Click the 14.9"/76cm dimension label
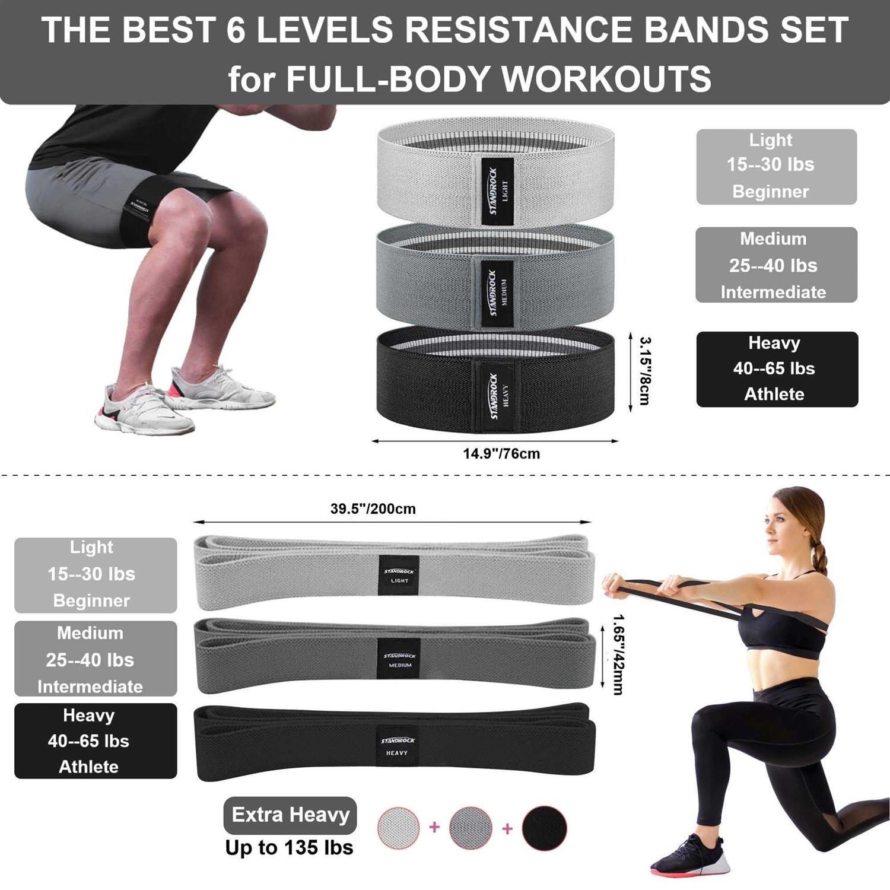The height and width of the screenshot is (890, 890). coord(501,454)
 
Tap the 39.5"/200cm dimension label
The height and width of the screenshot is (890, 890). coord(373,509)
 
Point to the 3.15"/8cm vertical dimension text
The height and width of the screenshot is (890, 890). coord(644,371)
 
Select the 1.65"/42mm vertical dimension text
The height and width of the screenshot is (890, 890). coord(618,654)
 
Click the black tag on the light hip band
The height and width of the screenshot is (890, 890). coord(497,191)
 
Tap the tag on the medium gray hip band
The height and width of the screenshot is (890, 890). coord(497,294)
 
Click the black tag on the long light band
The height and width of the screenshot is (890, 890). coord(399,576)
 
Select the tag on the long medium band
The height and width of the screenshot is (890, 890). coord(399,659)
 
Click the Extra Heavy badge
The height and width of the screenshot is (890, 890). coord(290,815)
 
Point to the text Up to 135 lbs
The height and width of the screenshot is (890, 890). coord(289,848)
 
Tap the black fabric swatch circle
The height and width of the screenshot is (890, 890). coord(544,828)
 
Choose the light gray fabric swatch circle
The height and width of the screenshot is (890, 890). coord(399,828)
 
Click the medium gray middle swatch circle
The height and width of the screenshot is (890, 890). coord(471,828)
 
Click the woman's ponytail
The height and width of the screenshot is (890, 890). coord(820,558)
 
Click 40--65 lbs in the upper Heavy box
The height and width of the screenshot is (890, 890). coord(774,368)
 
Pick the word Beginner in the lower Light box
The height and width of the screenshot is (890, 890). coord(91,600)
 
